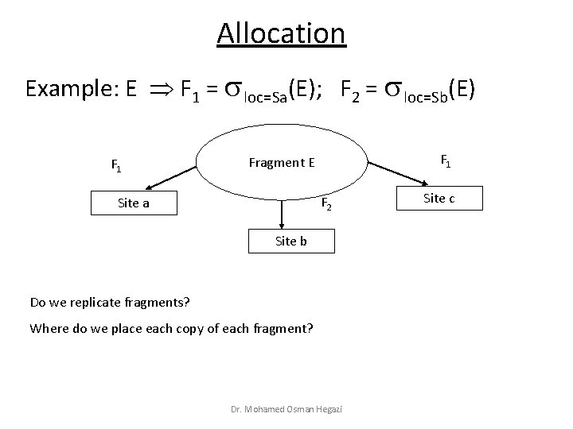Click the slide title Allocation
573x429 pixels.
pos(281,33)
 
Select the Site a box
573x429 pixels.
pos(133,203)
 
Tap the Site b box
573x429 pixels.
pos(290,241)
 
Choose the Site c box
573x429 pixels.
pos(439,198)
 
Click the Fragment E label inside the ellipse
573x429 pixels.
pos(282,163)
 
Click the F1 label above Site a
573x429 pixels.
pos(116,167)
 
